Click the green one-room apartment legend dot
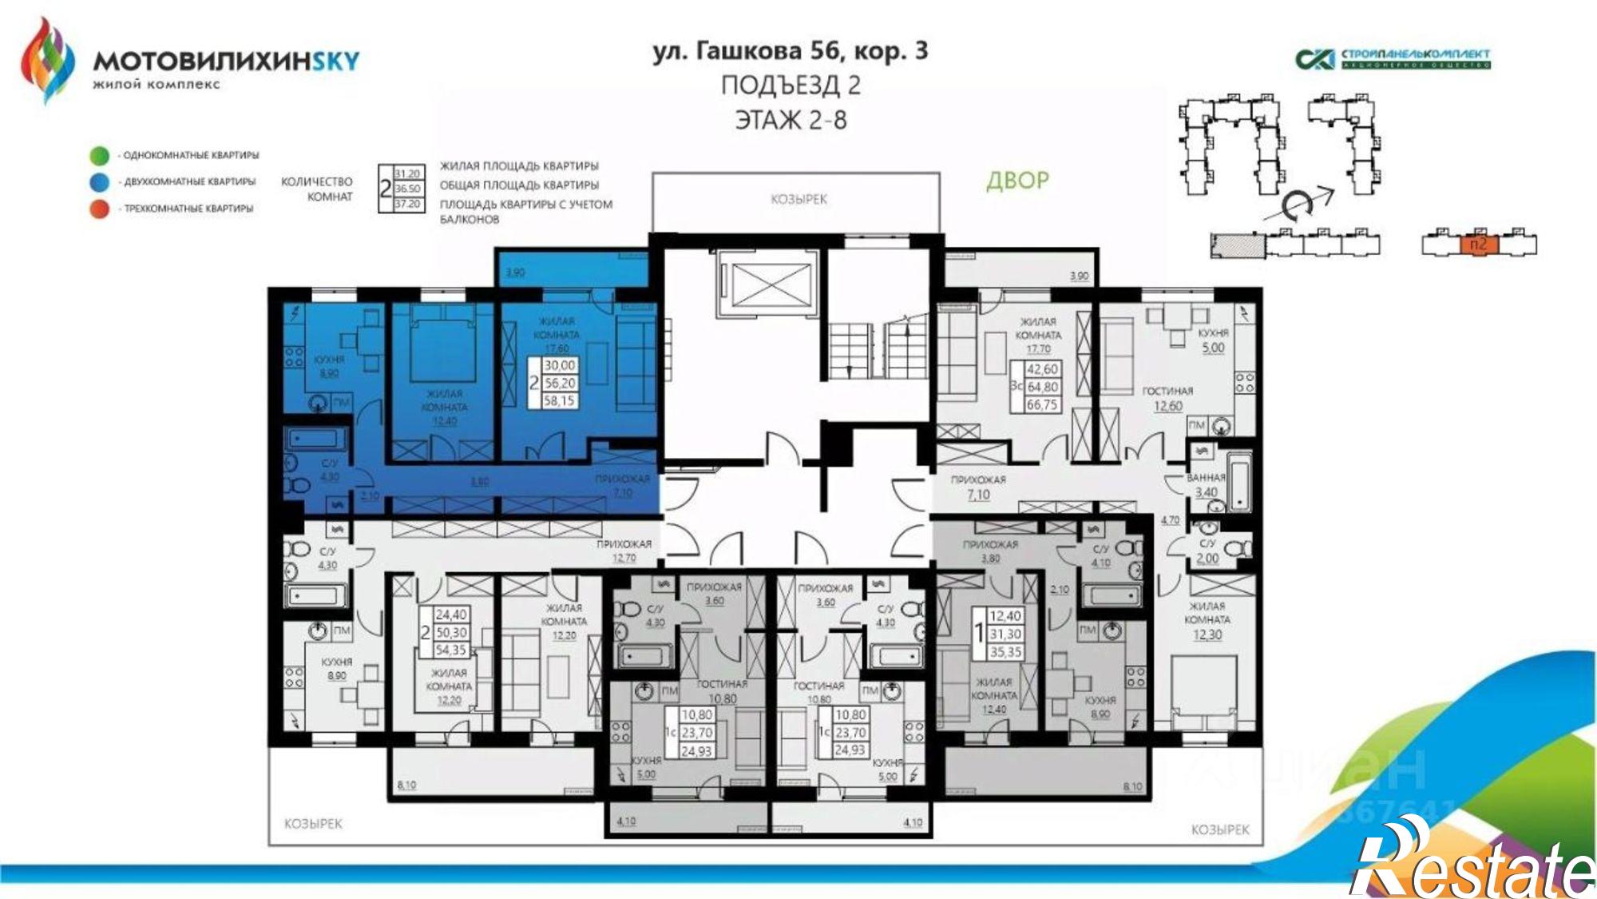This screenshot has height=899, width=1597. [x=100, y=155]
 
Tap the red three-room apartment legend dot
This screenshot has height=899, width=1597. [x=100, y=209]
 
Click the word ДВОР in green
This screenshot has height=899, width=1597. [x=1017, y=181]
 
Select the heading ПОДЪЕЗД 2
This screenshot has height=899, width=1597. [x=791, y=86]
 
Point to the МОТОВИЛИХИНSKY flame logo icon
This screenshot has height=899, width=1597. [x=47, y=60]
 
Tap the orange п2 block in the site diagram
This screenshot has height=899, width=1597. [x=1478, y=245]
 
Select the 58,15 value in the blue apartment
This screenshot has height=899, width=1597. [x=559, y=401]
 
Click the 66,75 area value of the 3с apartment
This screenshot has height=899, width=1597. [x=1042, y=405]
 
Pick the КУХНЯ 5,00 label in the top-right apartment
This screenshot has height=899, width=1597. [x=1213, y=340]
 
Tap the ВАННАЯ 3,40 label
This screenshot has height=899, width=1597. [x=1206, y=485]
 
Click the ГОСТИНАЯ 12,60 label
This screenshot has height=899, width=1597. [x=1167, y=398]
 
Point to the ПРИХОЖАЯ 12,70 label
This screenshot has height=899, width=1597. [x=624, y=551]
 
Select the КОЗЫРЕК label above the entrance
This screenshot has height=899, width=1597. [x=798, y=199]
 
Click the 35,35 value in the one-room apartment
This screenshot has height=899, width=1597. [x=1005, y=652]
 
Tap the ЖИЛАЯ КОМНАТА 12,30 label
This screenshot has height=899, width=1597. [x=1207, y=620]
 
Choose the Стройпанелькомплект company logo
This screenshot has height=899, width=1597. [x=1393, y=58]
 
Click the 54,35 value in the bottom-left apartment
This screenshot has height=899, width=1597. [x=451, y=650]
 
